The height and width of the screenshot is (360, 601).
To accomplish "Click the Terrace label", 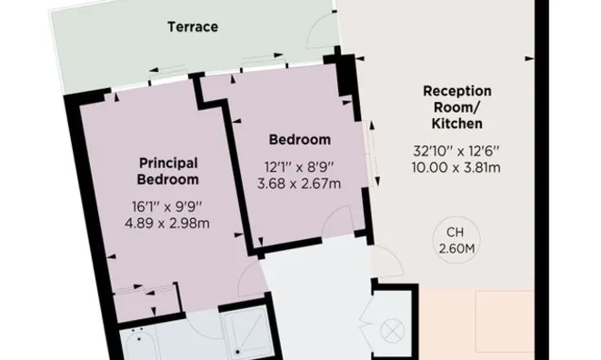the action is pos(193,27).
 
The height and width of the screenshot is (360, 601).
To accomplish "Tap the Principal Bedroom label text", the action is pos(168,171).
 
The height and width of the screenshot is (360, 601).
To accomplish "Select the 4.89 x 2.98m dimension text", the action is pos(167,223).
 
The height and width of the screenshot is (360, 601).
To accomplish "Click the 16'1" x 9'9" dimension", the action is pos(166,207).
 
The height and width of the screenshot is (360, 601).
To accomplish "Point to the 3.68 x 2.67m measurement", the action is pos(299,184).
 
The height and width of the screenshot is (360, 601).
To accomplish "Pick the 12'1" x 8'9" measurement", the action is pos(299,167).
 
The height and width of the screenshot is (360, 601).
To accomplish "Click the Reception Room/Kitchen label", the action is pos(456,107).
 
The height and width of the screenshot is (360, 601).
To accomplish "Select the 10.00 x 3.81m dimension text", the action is pos(456,167).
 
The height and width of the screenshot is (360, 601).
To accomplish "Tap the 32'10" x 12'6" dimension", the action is pos(456,151).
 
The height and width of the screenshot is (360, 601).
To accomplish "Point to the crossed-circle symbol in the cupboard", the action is pos(392,331).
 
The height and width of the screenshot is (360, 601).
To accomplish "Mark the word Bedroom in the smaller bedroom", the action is pos(300,140).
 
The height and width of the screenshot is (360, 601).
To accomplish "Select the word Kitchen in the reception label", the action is pos(456,124).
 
